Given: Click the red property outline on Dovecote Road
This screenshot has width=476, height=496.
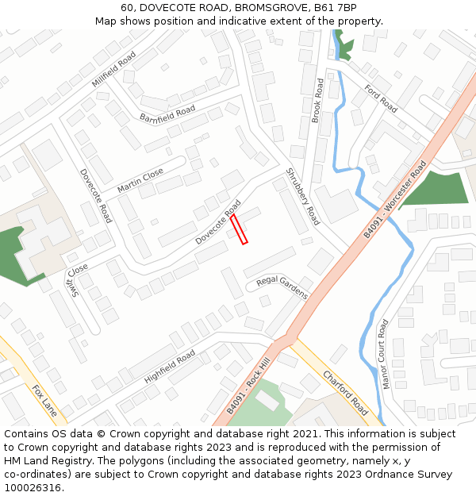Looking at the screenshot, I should point(239,229).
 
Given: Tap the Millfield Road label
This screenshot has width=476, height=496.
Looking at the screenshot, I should point(114,69).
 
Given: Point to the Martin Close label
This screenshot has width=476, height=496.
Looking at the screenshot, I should point(140,180).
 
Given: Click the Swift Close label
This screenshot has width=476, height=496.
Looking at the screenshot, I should point(77,280).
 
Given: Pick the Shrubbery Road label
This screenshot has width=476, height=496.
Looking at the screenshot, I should point(301,197).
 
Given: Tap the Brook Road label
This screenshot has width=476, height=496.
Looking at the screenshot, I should point(317,100).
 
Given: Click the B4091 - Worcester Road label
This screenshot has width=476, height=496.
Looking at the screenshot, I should point(395,199).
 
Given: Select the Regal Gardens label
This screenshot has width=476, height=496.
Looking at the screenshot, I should point(282,287).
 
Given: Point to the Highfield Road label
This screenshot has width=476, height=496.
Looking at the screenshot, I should point(170,367).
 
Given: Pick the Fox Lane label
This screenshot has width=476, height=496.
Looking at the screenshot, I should point(44,402).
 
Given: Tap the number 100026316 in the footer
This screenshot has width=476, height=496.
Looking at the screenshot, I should point(34,488).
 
